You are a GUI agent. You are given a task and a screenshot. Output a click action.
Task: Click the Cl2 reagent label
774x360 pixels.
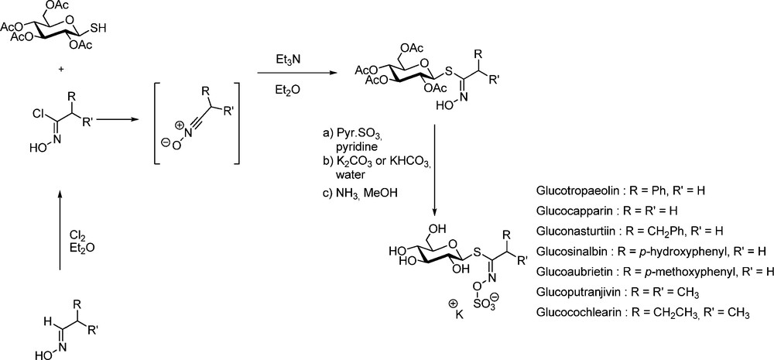coord(77,234)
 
